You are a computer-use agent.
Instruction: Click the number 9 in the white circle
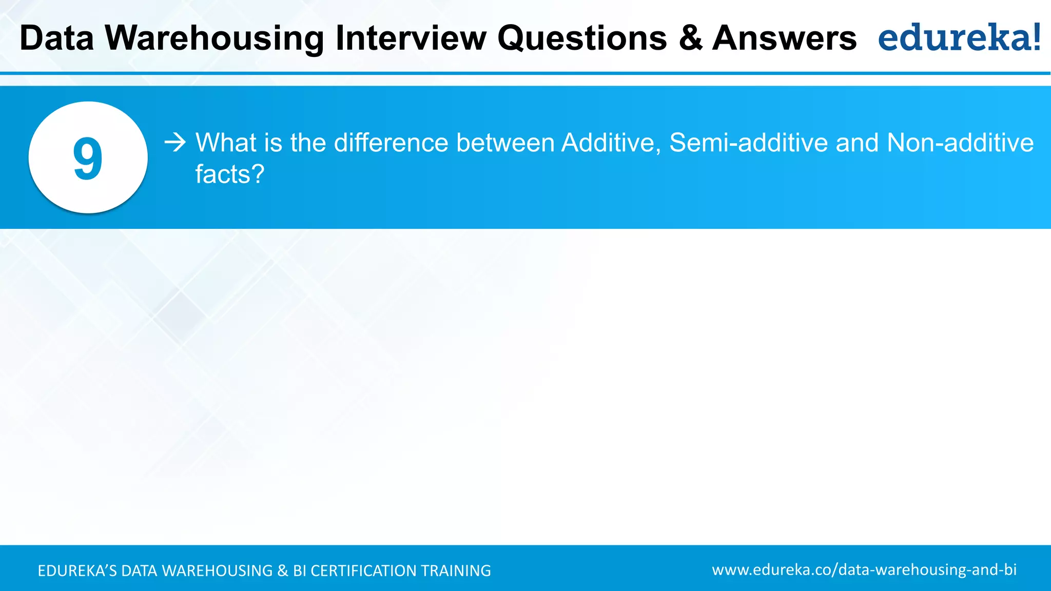click(x=88, y=158)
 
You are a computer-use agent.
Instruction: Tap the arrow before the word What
click(x=175, y=142)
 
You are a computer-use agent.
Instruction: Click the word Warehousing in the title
click(x=215, y=38)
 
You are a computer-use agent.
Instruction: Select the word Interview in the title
click(x=411, y=38)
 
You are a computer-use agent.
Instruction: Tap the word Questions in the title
click(x=582, y=38)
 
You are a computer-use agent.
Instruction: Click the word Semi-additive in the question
click(x=748, y=143)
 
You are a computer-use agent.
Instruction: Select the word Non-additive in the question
click(x=960, y=143)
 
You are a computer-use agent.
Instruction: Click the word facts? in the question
click(x=229, y=174)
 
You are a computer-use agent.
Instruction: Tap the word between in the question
click(x=505, y=143)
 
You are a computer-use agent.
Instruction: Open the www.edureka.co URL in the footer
click(x=864, y=569)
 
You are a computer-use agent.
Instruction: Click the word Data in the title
click(x=56, y=38)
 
